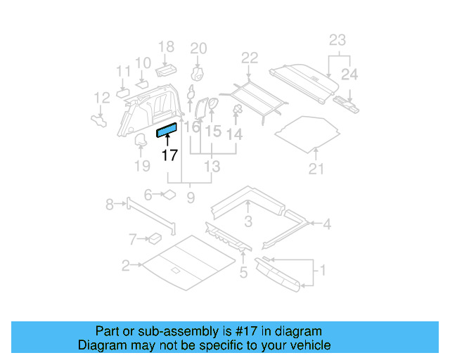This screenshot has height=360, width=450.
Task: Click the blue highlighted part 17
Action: click(x=167, y=128)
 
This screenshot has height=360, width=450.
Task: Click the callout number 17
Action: click(x=169, y=155)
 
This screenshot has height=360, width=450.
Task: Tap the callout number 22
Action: click(x=250, y=58)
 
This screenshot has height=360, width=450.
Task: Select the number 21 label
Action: click(x=316, y=169)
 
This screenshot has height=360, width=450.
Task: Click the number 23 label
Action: click(x=337, y=40)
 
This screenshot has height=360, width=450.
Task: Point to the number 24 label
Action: click(x=349, y=74)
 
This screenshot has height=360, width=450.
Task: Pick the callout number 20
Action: click(x=199, y=49)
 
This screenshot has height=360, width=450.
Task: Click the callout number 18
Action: click(x=166, y=47)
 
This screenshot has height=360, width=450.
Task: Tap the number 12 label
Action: click(x=102, y=98)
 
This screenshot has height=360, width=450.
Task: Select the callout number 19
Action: click(x=142, y=166)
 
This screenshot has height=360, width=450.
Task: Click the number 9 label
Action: click(x=190, y=199)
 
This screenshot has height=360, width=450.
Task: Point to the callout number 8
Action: click(x=110, y=205)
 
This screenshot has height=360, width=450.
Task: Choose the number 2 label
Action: click(x=125, y=266)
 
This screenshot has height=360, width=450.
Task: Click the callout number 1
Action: click(x=323, y=270)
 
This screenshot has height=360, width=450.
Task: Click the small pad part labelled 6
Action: click(x=169, y=194)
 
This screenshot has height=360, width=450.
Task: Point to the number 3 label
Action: click(x=247, y=223)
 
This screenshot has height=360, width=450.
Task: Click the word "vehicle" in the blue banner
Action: click(x=308, y=345)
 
